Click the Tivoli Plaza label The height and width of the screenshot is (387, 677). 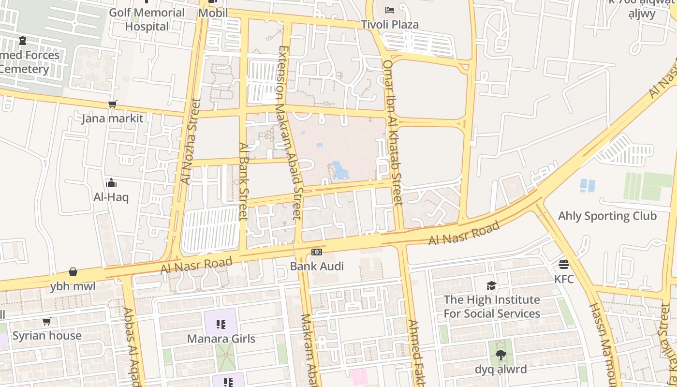coord(390,24)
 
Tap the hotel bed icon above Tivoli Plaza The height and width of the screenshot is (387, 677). coord(390,10)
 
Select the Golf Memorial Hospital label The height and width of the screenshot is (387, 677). coord(147,19)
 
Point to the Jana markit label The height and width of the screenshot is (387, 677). coord(112,119)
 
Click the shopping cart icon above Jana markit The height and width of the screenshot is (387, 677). coord(113,104)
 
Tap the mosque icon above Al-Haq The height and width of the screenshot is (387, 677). coord(111,183)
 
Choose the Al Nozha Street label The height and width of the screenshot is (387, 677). coord(190,141)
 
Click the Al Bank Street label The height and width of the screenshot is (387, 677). coord(243,181)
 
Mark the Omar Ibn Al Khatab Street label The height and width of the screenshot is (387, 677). coord(392,132)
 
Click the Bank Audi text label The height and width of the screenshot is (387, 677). coord(317,266)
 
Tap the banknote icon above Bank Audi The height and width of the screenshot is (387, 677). coord(317,252)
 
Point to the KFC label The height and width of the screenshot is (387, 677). coord(564,279)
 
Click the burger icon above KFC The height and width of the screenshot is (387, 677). coord(564,265)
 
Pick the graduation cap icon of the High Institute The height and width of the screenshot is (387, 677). coord(492,285)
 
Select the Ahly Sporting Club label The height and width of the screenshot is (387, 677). coord(607,216)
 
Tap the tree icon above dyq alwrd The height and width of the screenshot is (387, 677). coord(500,355)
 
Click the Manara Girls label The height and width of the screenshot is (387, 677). coord(221,339)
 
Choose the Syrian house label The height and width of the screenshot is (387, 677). coord(47,336)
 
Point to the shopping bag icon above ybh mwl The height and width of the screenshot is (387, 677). coord(73,272)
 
